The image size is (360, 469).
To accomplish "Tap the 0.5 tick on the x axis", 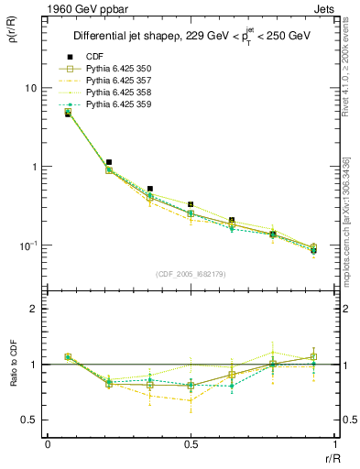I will pos(191,444).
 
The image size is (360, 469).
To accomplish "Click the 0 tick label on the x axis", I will pos(48,444).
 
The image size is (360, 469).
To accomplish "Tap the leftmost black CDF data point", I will pos(68,114).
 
